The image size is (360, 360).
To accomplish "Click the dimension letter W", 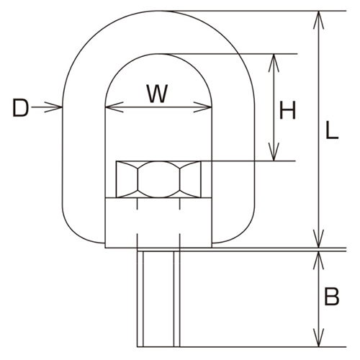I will (x=158, y=93).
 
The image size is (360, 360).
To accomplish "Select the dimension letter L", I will (x=332, y=130).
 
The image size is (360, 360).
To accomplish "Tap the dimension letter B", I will (x=332, y=296).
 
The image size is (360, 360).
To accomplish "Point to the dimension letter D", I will (x=21, y=109).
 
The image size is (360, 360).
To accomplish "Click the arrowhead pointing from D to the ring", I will (x=57, y=109).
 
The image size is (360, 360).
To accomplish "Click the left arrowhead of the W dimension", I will (x=110, y=109).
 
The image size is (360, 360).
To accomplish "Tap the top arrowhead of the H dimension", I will (x=273, y=60).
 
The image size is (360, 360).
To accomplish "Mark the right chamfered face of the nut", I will (x=191, y=179).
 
